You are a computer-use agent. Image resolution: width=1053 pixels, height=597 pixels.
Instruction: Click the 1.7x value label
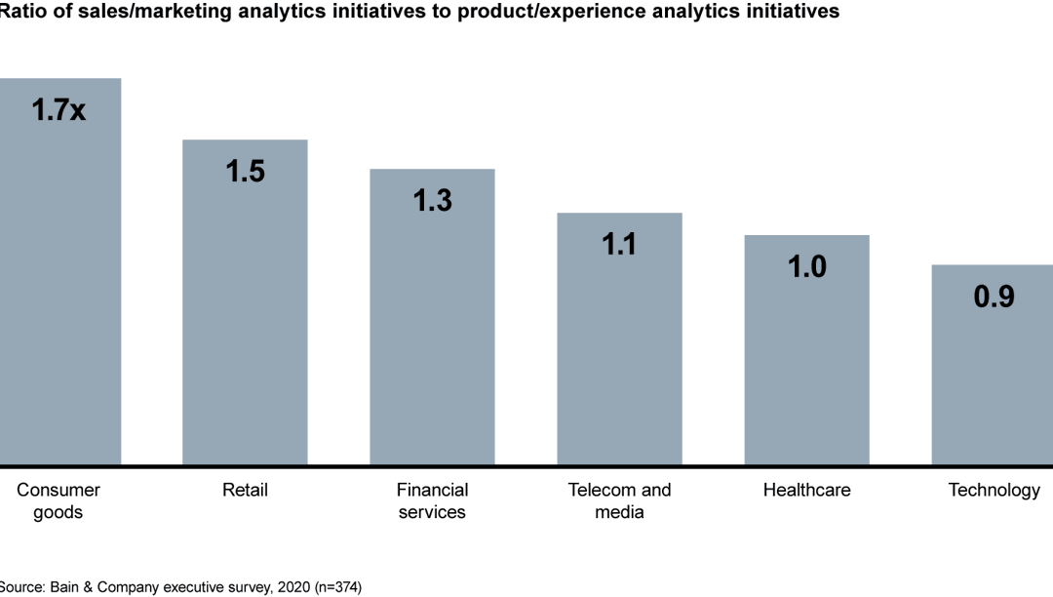click(58, 110)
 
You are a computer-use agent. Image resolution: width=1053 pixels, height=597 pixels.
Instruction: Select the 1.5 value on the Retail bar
click(246, 171)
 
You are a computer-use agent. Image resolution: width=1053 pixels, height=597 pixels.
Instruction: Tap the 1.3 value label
click(432, 200)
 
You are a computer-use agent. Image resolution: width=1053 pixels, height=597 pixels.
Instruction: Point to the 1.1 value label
click(619, 244)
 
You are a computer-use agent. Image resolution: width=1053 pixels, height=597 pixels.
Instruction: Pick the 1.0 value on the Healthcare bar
click(806, 266)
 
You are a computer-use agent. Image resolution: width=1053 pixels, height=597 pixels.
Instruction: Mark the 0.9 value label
click(994, 297)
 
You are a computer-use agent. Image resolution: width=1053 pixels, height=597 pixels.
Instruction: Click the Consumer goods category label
click(58, 501)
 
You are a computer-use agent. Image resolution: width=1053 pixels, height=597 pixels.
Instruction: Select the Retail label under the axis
click(245, 490)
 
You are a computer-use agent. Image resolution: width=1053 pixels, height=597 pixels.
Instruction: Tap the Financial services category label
click(432, 501)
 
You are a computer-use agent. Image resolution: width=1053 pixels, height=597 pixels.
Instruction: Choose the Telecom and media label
click(619, 501)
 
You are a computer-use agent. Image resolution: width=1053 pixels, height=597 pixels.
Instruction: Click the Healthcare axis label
click(806, 490)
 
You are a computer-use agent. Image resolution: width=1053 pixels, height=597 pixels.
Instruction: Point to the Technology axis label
click(994, 490)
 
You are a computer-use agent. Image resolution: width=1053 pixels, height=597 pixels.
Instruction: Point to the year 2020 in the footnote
click(282, 587)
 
